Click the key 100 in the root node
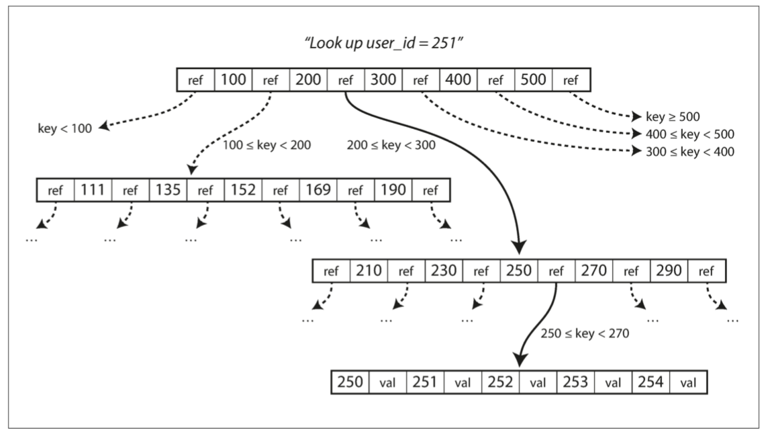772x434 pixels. pyautogui.click(x=232, y=81)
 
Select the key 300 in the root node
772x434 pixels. pyautogui.click(x=383, y=81)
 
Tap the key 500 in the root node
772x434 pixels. pyautogui.click(x=534, y=81)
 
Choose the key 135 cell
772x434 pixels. pyautogui.click(x=168, y=191)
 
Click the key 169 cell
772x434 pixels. pyautogui.click(x=318, y=191)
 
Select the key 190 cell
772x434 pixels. pyautogui.click(x=393, y=191)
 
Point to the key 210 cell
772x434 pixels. pyautogui.click(x=369, y=271)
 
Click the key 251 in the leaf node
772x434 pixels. pyautogui.click(x=424, y=382)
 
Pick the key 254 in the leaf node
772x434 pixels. pyautogui.click(x=650, y=382)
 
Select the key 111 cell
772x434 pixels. pyautogui.click(x=93, y=191)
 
